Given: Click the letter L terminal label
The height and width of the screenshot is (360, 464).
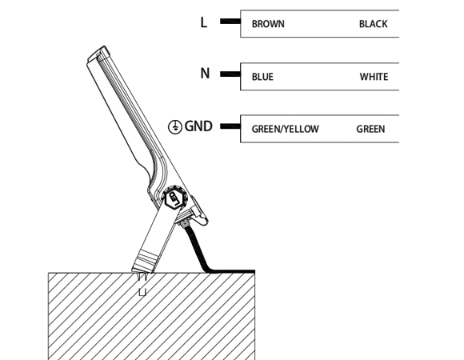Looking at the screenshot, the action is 203,22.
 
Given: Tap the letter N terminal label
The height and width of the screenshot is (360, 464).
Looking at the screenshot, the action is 205,73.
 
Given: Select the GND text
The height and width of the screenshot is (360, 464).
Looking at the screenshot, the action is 198,126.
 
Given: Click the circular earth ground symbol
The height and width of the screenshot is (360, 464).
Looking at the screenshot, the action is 175,127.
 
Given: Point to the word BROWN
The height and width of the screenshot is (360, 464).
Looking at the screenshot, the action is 268,24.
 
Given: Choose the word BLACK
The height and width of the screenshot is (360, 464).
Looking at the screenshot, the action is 373,24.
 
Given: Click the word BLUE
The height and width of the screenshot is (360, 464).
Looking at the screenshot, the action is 262,77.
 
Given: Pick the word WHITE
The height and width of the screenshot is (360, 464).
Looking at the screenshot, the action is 374,77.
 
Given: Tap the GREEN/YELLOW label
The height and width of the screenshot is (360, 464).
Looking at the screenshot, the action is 286,129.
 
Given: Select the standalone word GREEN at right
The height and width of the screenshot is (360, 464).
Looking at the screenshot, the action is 370,129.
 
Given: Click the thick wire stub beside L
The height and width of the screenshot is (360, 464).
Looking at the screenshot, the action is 230,21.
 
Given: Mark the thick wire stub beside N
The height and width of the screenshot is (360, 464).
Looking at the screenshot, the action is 230,74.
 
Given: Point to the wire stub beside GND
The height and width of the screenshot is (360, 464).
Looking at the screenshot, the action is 230,126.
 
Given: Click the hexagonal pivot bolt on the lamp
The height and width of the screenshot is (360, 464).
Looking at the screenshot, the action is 174,200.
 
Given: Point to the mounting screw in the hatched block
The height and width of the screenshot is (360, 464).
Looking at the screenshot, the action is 142,284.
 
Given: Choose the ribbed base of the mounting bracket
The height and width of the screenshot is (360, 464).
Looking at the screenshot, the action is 146,261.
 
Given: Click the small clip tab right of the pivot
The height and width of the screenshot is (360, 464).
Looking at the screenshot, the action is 199,210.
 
